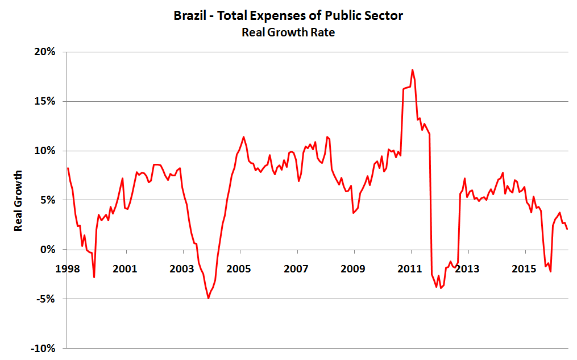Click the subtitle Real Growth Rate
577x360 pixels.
288,32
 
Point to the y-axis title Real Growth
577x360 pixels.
19,200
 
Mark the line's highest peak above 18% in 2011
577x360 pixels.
412,70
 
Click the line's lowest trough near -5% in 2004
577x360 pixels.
209,298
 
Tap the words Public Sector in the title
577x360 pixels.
364,16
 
